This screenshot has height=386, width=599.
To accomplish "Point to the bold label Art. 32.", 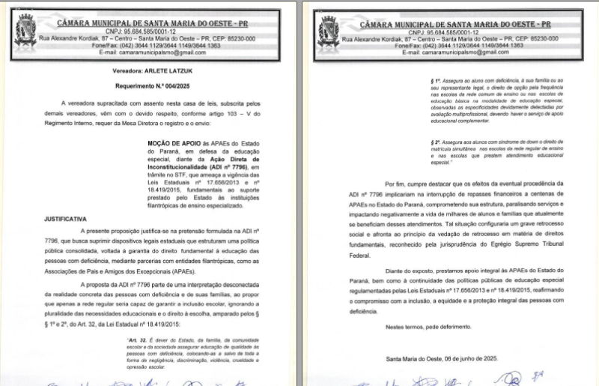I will pos(138,340).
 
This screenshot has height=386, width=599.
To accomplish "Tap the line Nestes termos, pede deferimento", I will pos(427,328).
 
